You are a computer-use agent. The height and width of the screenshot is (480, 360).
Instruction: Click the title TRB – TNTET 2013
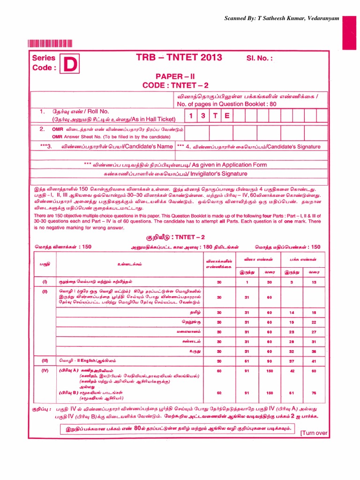pyautogui.click(x=179, y=58)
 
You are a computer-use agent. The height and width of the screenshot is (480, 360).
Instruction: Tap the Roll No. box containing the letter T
pyautogui.click(x=215, y=115)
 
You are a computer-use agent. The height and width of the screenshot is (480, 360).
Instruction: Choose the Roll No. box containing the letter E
pyautogui.click(x=227, y=115)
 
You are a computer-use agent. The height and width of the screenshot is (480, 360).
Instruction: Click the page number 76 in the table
pyautogui.click(x=314, y=392)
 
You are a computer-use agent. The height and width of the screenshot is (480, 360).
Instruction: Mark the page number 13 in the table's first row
pyautogui.click(x=314, y=282)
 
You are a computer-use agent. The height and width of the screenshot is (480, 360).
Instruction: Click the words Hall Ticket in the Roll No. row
pyautogui.click(x=159, y=120)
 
